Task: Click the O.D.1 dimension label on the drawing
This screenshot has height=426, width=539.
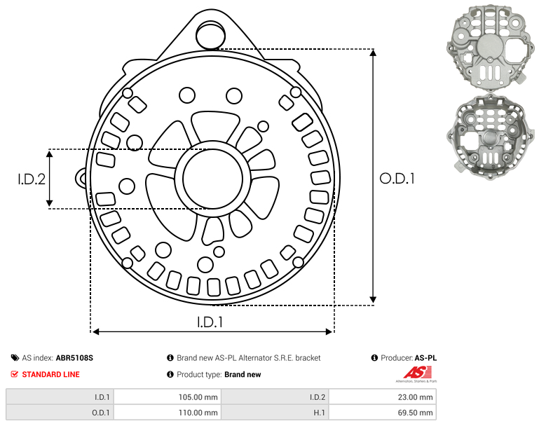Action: pyautogui.click(x=397, y=179)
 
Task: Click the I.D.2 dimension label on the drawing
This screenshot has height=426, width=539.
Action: pyautogui.click(x=32, y=179)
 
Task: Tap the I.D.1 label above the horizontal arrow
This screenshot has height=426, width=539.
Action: pyautogui.click(x=210, y=322)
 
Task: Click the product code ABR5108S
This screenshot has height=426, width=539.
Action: pyautogui.click(x=74, y=358)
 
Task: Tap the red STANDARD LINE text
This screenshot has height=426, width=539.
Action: pyautogui.click(x=51, y=374)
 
